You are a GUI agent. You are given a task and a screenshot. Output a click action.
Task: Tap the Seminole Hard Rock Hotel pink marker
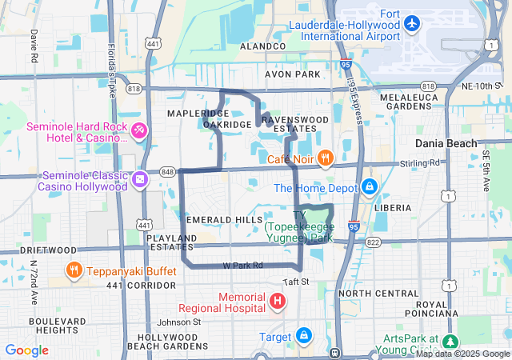pos(139,130)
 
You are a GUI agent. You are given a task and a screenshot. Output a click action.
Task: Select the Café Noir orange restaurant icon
pos(325,158)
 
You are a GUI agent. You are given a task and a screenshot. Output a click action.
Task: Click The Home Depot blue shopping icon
pos(369,188)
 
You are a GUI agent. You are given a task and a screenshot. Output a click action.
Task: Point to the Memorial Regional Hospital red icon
pos(277,302)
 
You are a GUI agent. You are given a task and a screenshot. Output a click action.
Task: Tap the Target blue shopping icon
pos(304,335)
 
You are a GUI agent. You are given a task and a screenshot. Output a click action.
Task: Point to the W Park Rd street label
pos(242,265)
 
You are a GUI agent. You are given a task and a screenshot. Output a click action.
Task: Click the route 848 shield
pos(167,171)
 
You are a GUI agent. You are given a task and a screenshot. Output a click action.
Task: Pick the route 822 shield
pos(373,241)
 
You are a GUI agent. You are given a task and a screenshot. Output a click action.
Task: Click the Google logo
pos(26,350)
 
